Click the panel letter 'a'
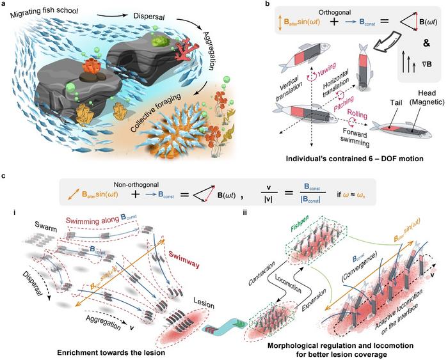[x=6, y=6]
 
